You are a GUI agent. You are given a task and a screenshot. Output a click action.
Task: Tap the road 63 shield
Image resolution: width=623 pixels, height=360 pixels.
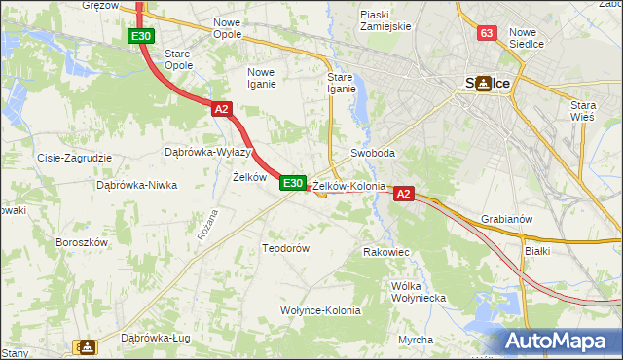pos(488,33)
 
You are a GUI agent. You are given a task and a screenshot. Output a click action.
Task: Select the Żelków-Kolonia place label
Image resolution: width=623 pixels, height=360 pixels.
pos(348,185)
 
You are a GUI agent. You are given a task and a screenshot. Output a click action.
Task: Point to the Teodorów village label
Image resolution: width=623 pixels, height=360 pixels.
pos(285,248)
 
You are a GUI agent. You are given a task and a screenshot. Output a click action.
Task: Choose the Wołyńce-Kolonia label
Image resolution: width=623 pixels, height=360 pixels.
pos(320,310)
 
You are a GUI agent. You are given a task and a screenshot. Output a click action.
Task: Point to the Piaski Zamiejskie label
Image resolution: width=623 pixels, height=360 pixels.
pos(386,20)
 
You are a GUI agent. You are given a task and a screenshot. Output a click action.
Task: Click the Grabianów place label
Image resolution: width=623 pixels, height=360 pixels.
pos(506,219)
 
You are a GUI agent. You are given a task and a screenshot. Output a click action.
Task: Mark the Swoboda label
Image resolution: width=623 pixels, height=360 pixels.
pos(373,154)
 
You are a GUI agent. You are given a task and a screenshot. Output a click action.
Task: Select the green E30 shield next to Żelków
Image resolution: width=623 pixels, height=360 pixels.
pos(293,183)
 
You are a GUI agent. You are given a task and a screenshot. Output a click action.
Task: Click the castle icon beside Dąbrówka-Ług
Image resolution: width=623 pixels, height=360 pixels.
pos(88,345)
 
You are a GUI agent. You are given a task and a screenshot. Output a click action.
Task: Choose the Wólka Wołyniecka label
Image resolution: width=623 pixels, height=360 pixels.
pos(417,292)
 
